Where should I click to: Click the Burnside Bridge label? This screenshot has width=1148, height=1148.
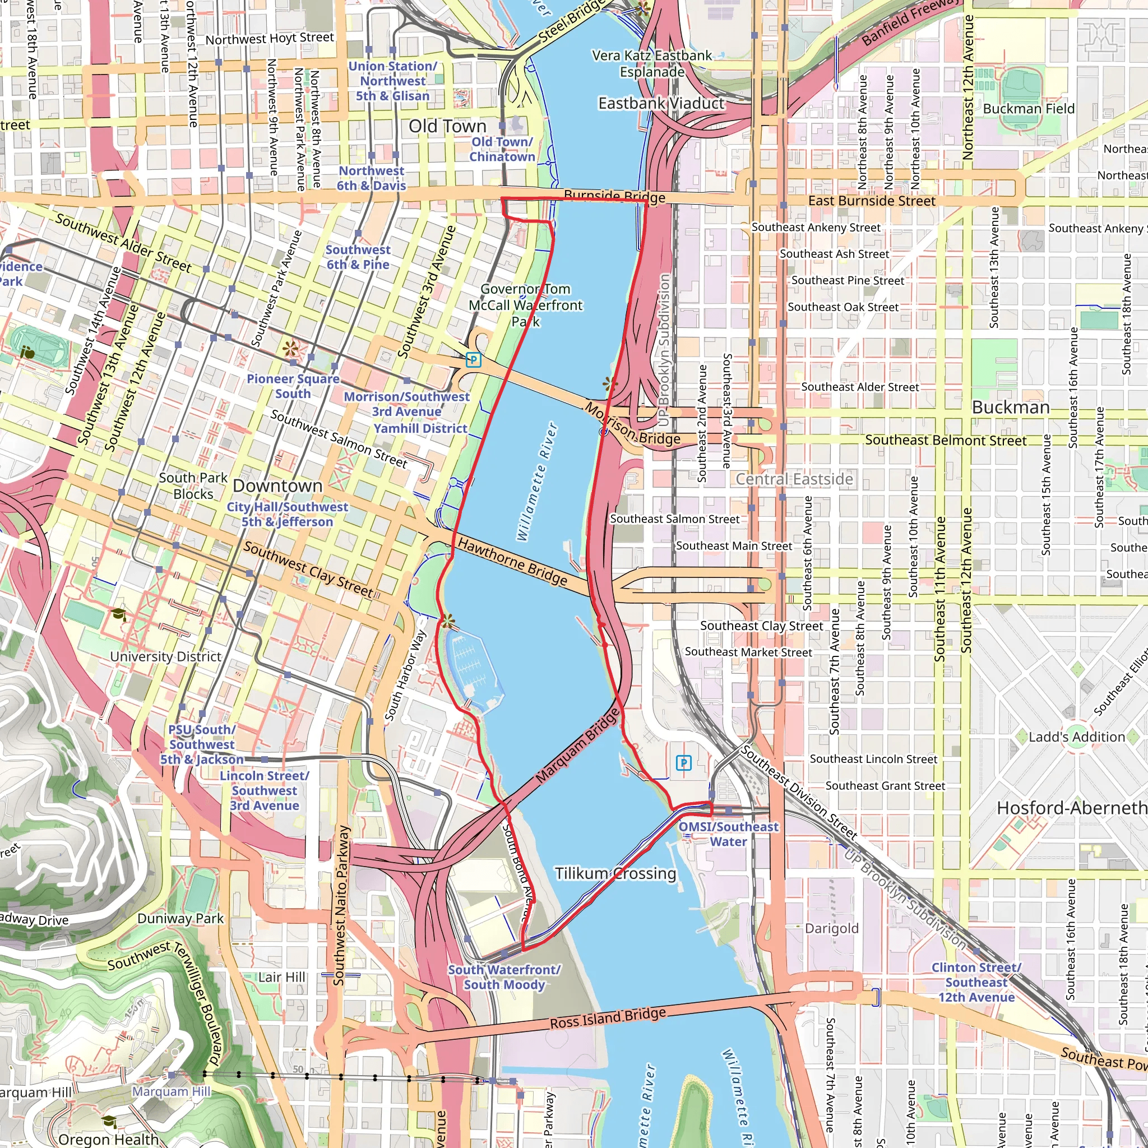coord(614,197)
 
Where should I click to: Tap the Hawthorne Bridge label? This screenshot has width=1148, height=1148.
coord(512,562)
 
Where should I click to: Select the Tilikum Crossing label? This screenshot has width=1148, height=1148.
coord(615,873)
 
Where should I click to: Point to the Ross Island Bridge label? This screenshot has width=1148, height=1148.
coord(607,1019)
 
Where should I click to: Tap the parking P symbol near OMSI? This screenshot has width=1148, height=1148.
coord(684,762)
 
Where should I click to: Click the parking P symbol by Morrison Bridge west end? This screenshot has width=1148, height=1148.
coord(473,359)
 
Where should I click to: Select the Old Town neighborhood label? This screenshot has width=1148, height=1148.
coord(447,126)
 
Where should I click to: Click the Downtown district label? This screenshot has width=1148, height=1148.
coord(277,485)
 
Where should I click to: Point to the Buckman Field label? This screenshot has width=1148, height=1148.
coord(1029,109)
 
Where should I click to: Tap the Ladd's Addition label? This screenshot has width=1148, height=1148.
coord(1077,737)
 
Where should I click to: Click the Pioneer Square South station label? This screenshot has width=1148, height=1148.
coord(293,386)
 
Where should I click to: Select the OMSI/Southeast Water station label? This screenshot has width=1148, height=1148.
coord(728,834)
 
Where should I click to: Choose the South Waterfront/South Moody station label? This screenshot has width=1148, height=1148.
coord(504,977)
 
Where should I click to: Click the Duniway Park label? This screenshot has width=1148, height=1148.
coord(180,918)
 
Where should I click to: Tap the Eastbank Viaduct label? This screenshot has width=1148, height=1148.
coord(661,103)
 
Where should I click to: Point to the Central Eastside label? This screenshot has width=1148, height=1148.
coord(794,479)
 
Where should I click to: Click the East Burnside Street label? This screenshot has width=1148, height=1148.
coord(871,201)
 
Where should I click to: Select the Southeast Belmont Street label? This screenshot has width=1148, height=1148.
coord(946,440)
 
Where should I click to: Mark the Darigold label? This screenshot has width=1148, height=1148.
coord(831,928)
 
